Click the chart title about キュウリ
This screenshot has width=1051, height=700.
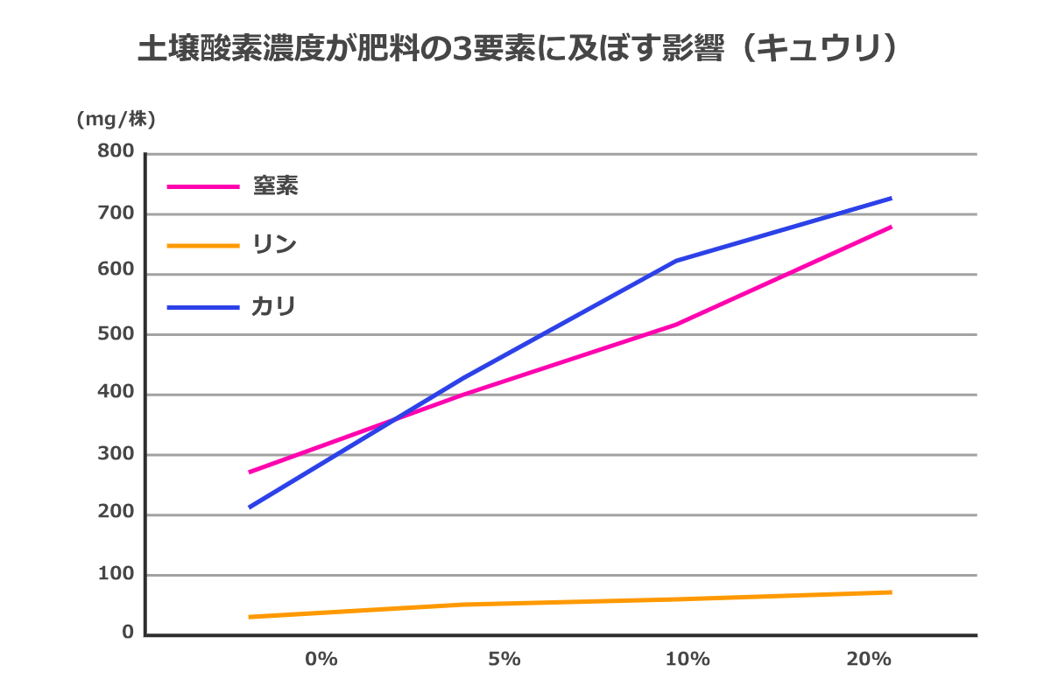point(518,50)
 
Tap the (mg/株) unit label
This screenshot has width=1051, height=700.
point(116,120)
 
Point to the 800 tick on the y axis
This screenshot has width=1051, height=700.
point(116,152)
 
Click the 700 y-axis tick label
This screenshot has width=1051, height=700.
point(116,213)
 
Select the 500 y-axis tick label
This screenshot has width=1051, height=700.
point(116,333)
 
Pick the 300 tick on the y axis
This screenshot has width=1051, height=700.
point(116,454)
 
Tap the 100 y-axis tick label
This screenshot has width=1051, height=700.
point(116,574)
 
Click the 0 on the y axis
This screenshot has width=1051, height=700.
point(127,633)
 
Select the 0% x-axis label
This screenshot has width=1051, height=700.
point(321,659)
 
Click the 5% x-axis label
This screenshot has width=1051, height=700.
point(504,659)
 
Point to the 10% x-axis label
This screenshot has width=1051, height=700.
point(688,659)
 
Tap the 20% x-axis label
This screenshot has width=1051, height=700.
point(870,659)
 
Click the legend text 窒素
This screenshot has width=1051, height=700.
point(276,185)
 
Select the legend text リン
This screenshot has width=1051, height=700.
point(275,245)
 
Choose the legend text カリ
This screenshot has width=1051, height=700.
point(274,306)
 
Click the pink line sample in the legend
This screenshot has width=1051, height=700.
point(202,186)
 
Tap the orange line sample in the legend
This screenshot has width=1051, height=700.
point(202,246)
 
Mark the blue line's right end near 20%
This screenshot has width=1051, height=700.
point(890,199)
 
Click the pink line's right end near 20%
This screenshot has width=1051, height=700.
point(890,227)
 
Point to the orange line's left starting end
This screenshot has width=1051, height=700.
point(250,617)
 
